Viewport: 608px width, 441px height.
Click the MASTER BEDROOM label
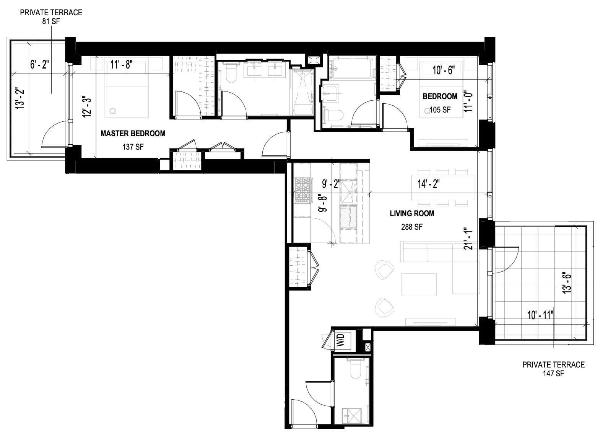(133, 134)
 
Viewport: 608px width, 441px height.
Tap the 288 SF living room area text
(412, 227)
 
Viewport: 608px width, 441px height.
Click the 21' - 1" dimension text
(469, 239)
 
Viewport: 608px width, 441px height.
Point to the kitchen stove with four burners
(302, 190)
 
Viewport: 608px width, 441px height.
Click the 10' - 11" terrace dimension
(541, 315)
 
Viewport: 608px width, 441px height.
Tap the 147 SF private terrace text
(553, 374)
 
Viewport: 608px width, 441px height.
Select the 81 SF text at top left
(51, 21)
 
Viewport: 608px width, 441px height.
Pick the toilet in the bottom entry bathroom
(356, 369)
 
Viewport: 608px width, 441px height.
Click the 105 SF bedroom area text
(440, 110)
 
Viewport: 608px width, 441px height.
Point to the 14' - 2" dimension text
(428, 184)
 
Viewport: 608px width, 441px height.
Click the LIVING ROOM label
(412, 214)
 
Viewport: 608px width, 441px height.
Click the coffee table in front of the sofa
(419, 284)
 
